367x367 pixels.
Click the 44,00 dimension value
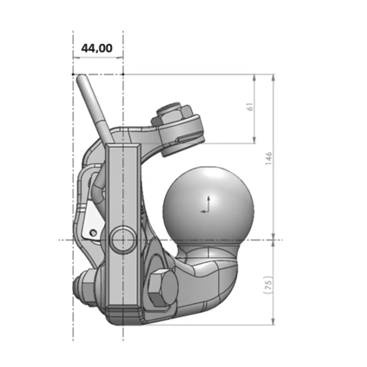(x=97, y=48)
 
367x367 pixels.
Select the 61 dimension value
(x=250, y=107)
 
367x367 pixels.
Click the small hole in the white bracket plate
(x=93, y=232)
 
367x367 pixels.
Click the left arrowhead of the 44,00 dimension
(x=75, y=57)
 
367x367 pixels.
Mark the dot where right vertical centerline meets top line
(x=123, y=74)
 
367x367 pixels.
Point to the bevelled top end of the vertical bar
(x=123, y=145)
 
